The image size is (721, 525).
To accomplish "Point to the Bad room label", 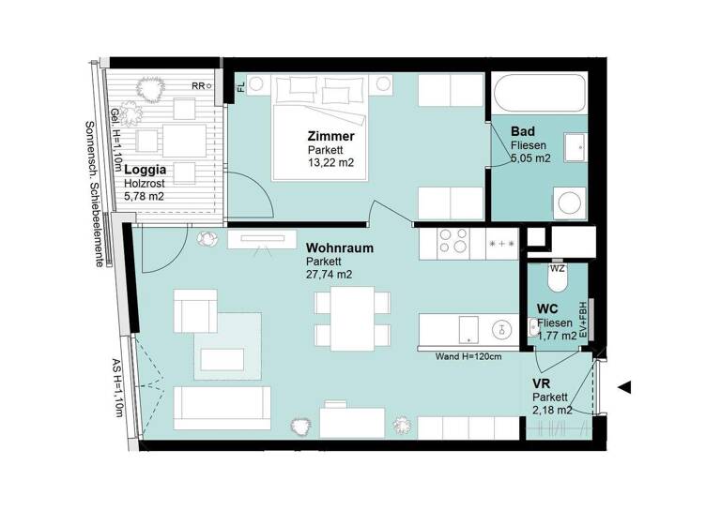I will point(524,131).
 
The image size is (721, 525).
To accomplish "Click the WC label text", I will point(548,308).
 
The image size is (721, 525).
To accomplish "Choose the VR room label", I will point(541,384).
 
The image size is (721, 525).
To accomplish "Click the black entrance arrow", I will point(625,386).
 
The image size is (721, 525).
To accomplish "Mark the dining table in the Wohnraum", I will point(350,318).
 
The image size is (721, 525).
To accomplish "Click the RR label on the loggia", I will point(197,85).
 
